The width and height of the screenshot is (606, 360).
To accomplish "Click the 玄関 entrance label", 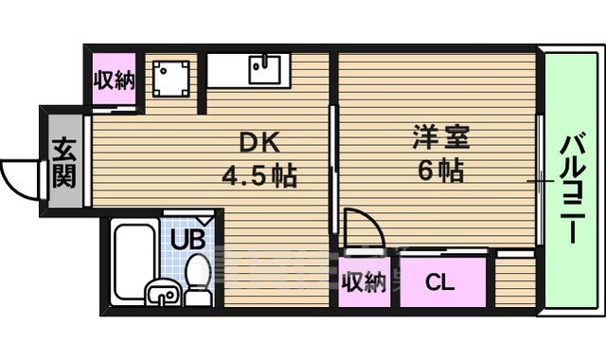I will coord(63,163).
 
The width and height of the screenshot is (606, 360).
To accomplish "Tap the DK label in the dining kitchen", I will coord(259,144).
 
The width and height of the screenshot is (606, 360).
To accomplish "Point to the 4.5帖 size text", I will coord(259,176).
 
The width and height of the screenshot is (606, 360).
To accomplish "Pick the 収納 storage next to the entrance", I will coord(113,81).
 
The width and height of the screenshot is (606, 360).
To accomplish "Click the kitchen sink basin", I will coord(261,68).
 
